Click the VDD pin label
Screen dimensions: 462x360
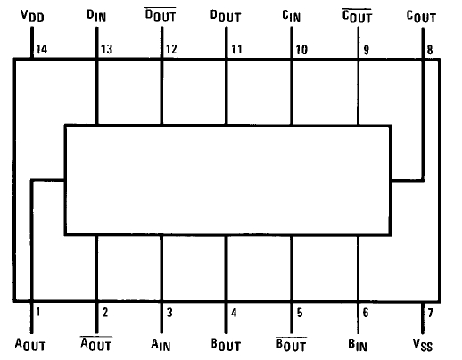(32, 16)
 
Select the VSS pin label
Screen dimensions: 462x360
(423, 345)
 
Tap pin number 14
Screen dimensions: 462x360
(41, 49)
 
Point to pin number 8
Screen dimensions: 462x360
(430, 50)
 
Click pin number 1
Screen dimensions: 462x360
(37, 312)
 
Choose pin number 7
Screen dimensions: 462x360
(430, 313)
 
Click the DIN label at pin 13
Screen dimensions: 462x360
(96, 16)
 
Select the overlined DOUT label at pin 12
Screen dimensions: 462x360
(161, 15)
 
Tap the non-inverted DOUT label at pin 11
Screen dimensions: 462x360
(226, 16)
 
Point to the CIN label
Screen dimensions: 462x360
(292, 16)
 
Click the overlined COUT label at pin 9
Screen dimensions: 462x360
(357, 16)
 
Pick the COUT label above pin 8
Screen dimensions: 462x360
(421, 17)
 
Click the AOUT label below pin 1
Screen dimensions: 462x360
(30, 345)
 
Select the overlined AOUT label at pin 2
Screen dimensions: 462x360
(96, 344)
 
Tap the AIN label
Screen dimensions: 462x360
(161, 345)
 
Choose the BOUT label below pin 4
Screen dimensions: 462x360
(226, 345)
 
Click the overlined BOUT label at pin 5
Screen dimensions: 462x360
(291, 345)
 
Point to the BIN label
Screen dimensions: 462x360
(358, 345)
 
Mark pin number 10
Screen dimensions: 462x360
(301, 50)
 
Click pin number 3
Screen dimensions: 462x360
(169, 313)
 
